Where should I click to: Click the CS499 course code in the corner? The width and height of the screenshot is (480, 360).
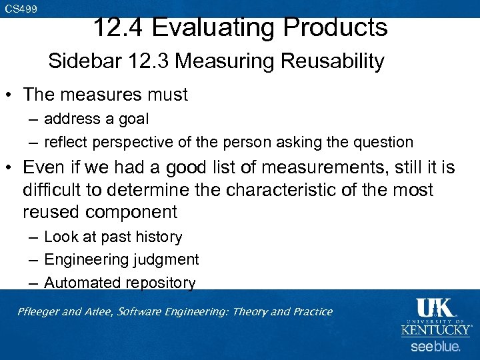click(21, 9)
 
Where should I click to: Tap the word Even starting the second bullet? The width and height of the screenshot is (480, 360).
click(45, 167)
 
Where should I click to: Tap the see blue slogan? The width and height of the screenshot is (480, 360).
click(435, 347)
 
